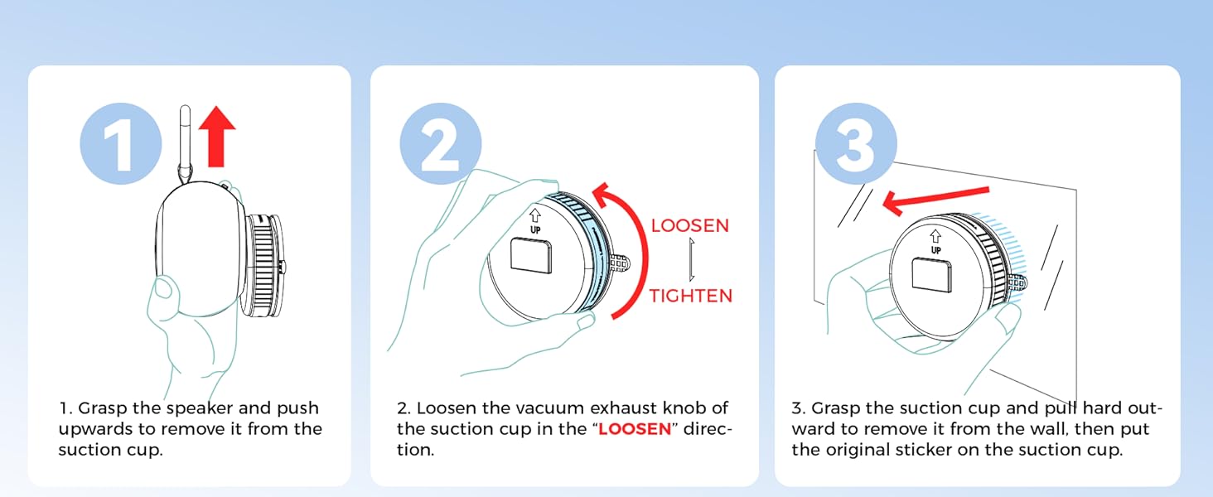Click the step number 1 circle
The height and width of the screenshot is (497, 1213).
pyautogui.click(x=121, y=143)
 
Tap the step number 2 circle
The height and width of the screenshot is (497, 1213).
pyautogui.click(x=441, y=143)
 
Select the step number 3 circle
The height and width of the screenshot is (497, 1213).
pyautogui.click(x=856, y=143)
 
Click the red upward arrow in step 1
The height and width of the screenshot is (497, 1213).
pyautogui.click(x=216, y=137)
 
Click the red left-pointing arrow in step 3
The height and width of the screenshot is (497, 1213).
pyautogui.click(x=935, y=200)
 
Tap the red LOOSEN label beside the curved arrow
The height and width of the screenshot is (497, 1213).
pyautogui.click(x=690, y=226)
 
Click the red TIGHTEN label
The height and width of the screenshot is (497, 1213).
pyautogui.click(x=691, y=296)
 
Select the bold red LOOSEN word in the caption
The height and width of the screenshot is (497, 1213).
pyautogui.click(x=635, y=429)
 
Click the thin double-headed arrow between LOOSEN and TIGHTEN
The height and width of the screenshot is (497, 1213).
pyautogui.click(x=692, y=259)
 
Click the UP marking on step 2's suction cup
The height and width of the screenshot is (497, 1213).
pyautogui.click(x=535, y=229)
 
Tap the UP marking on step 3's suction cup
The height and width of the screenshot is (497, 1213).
pyautogui.click(x=935, y=250)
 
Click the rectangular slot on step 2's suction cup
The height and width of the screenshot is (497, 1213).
pyautogui.click(x=531, y=256)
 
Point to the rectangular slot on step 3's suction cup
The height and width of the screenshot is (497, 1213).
pyautogui.click(x=932, y=275)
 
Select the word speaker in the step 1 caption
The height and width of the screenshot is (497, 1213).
pyautogui.click(x=200, y=408)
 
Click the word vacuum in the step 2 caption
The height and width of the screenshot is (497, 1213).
pyautogui.click(x=549, y=408)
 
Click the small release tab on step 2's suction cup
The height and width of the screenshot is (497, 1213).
pyautogui.click(x=620, y=263)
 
